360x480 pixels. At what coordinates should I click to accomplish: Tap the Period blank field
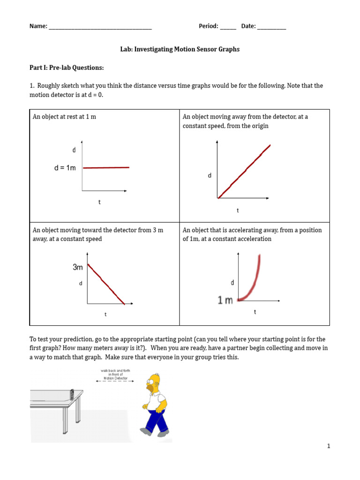228,27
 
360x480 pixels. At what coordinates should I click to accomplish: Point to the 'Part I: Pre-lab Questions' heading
66,68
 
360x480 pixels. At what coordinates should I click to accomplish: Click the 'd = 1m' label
65,168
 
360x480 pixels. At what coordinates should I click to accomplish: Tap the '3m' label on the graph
78,267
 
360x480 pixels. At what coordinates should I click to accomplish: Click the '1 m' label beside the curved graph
225,300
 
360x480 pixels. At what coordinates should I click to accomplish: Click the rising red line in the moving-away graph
244,172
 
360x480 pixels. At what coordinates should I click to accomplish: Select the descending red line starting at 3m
106,285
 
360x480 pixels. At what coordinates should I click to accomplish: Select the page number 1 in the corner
329,446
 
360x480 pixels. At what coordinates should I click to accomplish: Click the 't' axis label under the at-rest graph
99,202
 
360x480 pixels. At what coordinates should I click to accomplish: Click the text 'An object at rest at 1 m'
64,117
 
